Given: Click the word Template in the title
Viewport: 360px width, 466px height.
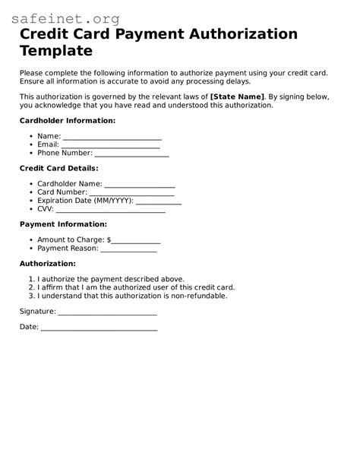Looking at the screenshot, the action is (55, 51).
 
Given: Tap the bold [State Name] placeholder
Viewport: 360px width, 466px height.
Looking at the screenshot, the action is (237, 97).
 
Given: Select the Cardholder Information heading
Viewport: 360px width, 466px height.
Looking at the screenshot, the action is (67, 120).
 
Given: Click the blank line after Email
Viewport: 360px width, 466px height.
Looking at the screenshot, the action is (110, 144).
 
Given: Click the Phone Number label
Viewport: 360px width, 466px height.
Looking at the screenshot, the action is (65, 153).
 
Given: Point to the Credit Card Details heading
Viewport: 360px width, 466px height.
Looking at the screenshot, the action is (58, 168).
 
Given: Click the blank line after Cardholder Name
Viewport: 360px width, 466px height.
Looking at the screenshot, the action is (140, 184).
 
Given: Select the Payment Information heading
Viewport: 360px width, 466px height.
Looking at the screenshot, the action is (63, 224).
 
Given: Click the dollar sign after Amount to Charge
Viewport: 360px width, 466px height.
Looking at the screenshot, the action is (109, 239).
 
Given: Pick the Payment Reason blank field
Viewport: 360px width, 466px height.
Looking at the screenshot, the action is (128, 249).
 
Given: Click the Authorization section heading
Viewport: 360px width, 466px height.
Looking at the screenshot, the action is (47, 264).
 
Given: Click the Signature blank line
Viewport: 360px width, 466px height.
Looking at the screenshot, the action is (107, 312).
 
